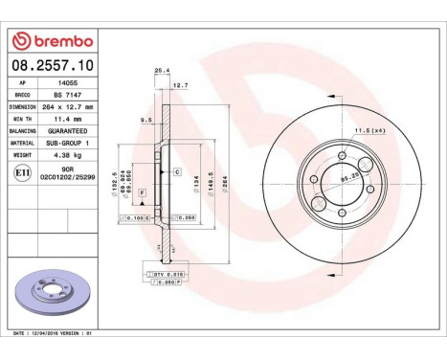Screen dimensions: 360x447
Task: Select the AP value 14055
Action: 66,83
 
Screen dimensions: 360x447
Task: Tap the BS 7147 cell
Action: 66,96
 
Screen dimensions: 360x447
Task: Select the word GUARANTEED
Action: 66,130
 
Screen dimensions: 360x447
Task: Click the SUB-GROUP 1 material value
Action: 66,142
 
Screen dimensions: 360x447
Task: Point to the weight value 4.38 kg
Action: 66,153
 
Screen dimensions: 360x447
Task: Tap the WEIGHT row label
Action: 25,153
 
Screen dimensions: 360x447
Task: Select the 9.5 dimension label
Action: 145,121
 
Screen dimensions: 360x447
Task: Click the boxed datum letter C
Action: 177,171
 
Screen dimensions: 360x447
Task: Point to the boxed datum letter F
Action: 143,193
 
